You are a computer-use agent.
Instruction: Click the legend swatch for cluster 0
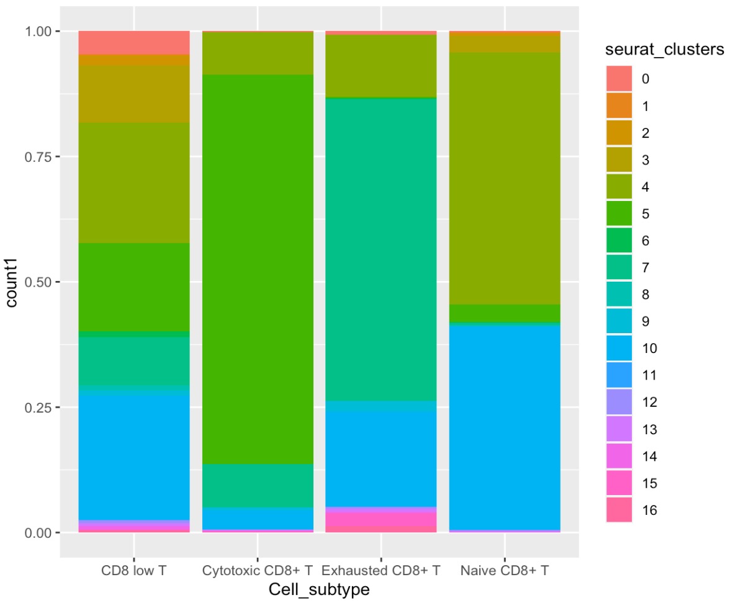coord(620,79)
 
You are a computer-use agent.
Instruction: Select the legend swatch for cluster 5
coord(620,213)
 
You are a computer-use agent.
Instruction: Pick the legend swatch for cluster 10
coord(620,348)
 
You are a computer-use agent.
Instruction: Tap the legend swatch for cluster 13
coord(620,429)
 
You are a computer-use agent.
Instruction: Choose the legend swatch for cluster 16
coord(620,510)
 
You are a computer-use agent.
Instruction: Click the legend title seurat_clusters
coord(665,51)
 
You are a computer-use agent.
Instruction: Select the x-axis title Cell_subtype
coord(319,590)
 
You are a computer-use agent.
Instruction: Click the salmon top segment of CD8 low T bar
coord(134,42)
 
